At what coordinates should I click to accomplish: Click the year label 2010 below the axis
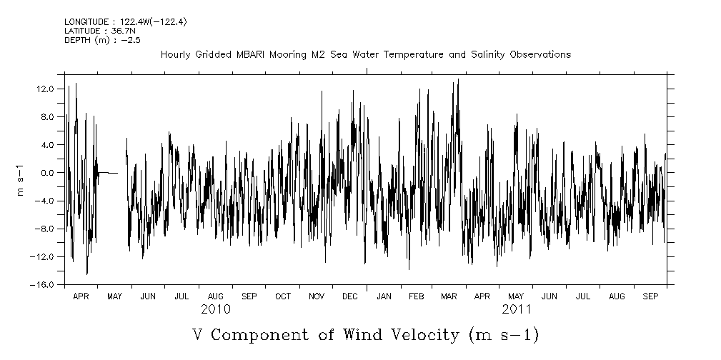coord(215,309)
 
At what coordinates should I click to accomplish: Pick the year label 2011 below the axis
coord(516,309)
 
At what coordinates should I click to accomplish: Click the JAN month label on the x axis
coord(384,296)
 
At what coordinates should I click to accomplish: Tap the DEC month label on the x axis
coord(350,296)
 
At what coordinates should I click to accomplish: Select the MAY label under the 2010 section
coord(114,296)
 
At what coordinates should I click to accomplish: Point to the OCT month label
coord(283,296)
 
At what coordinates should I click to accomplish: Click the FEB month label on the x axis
coord(417,296)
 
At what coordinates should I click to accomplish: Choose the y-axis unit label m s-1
coord(21,179)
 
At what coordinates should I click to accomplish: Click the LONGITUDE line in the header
coord(126,21)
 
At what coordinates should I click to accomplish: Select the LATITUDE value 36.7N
coord(123,31)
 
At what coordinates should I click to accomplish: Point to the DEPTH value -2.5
coord(129,40)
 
